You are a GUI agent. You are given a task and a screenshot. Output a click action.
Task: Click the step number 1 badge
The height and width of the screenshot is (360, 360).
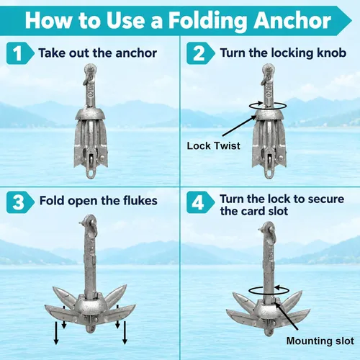point(19,53)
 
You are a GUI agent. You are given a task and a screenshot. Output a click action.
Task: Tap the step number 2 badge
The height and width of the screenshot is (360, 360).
point(200,53)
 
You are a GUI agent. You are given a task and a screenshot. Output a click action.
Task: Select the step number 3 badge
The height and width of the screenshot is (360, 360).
point(19,202)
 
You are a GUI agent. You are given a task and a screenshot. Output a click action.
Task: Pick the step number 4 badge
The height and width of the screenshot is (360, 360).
point(200,202)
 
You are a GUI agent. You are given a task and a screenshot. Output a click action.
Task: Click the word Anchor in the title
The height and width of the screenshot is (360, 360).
point(292,21)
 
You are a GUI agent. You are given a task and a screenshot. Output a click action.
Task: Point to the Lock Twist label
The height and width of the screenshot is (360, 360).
point(213,145)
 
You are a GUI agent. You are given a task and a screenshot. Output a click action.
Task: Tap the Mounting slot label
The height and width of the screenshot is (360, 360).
point(320,341)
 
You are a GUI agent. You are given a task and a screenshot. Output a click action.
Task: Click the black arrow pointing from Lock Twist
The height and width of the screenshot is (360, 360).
point(240,126)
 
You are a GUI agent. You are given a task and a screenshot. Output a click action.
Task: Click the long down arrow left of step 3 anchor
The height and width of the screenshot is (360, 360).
point(56,333)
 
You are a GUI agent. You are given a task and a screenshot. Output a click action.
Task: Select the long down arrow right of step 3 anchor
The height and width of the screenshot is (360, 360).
point(125,333)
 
